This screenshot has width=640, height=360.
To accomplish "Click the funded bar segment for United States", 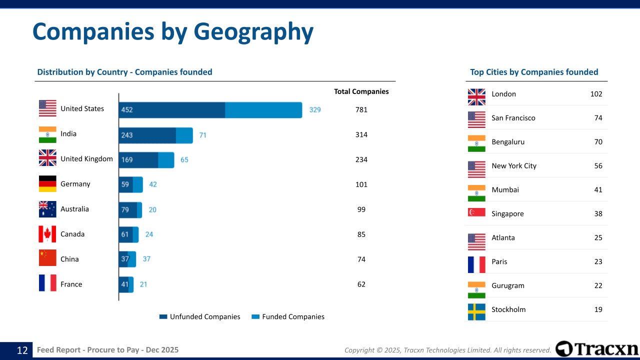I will [263, 110].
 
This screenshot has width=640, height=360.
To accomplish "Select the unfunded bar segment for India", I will [147, 135].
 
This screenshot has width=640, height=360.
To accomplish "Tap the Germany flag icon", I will [47, 184].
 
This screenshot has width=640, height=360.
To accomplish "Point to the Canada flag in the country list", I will [47, 234].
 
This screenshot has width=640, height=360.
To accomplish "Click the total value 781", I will [361, 109].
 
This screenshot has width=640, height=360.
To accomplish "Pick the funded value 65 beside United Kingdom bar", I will [184, 160].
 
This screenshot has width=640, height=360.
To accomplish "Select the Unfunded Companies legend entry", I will [199, 316].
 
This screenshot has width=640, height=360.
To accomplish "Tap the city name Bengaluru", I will [508, 142].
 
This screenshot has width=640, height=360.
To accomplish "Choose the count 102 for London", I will [596, 94].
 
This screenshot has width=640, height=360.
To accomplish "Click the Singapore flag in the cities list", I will [476, 212].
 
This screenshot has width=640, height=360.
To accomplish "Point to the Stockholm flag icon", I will [476, 311].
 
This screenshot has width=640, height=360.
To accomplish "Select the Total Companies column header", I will [361, 91].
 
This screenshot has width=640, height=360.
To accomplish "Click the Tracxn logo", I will [597, 349].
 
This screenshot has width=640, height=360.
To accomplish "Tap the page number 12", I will [22, 350].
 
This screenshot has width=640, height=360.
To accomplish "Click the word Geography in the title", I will [253, 31].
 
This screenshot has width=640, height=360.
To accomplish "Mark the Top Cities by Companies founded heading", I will [534, 72].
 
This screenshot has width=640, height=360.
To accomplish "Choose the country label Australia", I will [74, 209].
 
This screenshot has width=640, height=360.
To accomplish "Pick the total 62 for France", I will [361, 284].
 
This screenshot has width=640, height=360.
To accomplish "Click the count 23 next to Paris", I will [598, 261].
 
